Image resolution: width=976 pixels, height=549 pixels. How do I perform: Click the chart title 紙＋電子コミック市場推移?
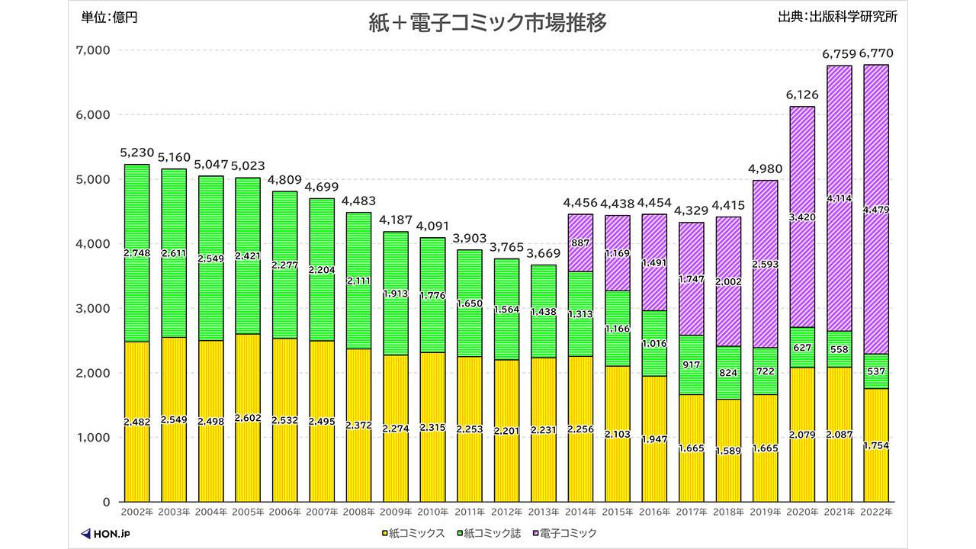pyautogui.click(x=487, y=24)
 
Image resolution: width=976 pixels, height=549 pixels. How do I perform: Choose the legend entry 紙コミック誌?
pyautogui.click(x=489, y=533)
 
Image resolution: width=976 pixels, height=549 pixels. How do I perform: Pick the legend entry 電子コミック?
pyautogui.click(x=565, y=533)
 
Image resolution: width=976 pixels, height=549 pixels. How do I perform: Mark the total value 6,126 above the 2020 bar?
pyautogui.click(x=801, y=94)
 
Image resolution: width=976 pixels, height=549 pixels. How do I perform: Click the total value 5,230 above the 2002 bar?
pyautogui.click(x=136, y=152)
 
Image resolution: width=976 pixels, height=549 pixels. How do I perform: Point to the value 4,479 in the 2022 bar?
pyautogui.click(x=876, y=210)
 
